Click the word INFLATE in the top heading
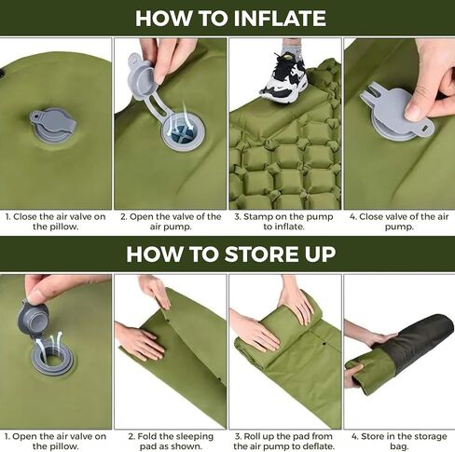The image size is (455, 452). tap(280, 19)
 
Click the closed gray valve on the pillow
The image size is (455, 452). tap(53, 126)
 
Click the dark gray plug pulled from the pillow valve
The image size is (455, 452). tap(32, 318)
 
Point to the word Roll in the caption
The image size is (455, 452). tap(252, 436)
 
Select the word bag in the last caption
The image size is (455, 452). tap(398, 446)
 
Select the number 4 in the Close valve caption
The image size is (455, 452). tap(352, 217)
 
